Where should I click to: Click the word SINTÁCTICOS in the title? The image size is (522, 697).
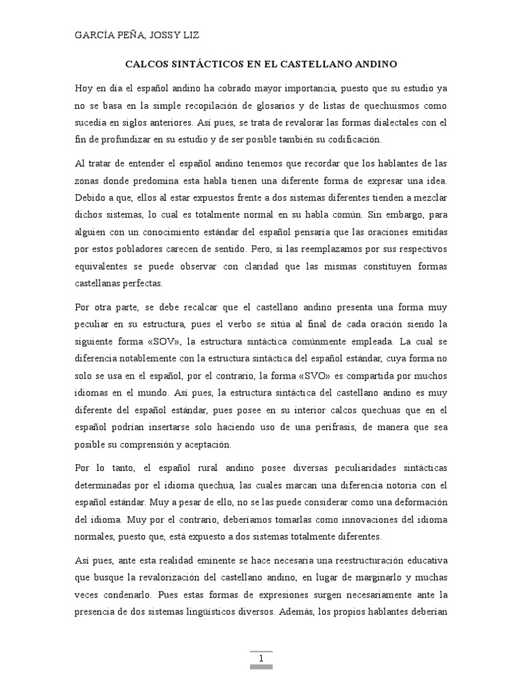pyautogui.click(x=198, y=65)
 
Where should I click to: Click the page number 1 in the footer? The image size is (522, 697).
pyautogui.click(x=261, y=659)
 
